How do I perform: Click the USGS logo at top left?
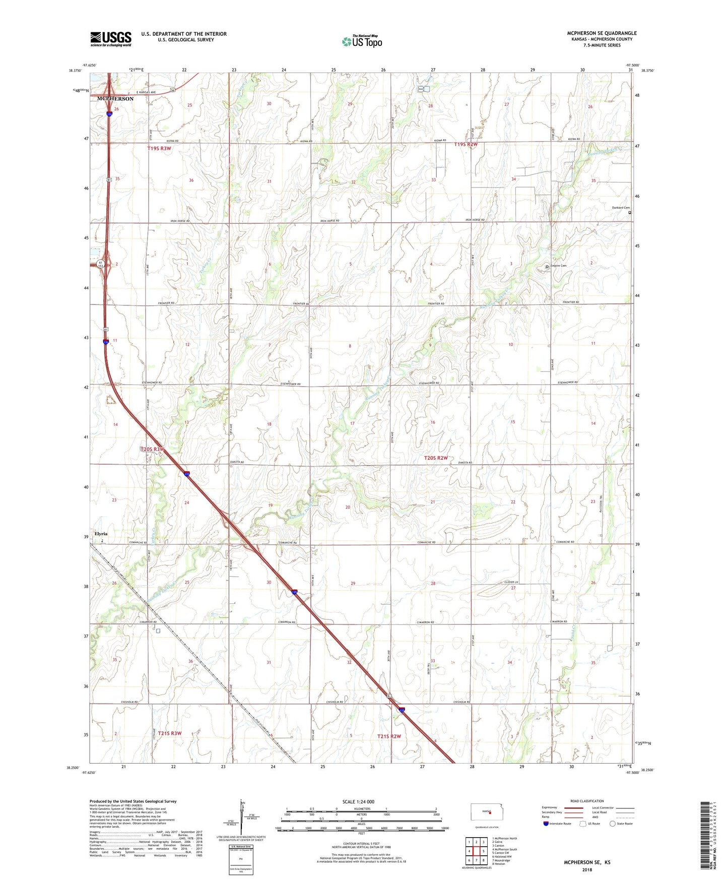tap(111, 39)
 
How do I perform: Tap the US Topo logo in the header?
tap(362, 41)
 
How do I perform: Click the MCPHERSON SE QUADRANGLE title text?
tap(602, 33)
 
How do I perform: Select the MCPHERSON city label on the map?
tap(115, 99)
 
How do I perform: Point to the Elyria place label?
tap(100, 533)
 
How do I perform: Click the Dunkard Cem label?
tap(620, 208)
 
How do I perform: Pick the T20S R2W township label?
tap(436, 458)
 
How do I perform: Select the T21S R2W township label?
tap(389, 736)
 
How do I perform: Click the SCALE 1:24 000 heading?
tap(358, 801)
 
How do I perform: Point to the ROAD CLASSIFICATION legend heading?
tap(587, 801)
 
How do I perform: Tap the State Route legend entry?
tap(621, 824)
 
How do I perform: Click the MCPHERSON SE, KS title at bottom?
tap(587, 862)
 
